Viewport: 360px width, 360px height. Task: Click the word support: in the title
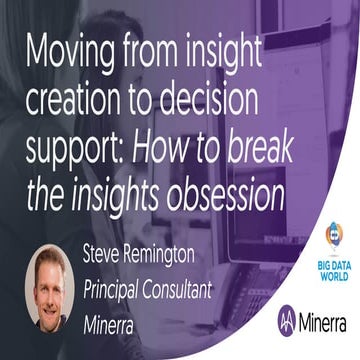pyautogui.click(x=77, y=147)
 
